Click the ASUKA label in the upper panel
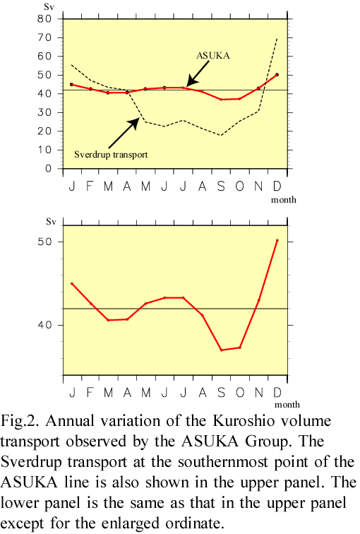213,56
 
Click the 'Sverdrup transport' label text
111,155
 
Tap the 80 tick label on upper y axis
44,19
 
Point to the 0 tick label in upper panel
48,169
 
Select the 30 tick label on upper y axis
44,112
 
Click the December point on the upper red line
277,75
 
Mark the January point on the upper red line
71,84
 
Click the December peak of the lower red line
277,240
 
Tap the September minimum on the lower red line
221,350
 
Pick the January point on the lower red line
72,283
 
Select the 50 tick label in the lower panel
44,242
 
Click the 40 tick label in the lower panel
44,325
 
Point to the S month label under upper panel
221,186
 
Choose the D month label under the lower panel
277,393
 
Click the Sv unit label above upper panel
49,7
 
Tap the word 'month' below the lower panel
287,405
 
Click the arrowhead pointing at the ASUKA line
191,81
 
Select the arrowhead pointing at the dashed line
134,123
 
